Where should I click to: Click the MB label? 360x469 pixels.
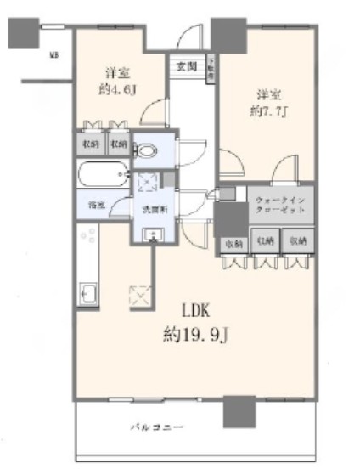(x=53, y=57)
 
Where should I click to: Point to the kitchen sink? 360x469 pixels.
(x=88, y=294)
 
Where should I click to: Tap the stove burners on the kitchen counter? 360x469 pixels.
(x=87, y=241)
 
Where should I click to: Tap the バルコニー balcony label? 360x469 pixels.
(x=156, y=426)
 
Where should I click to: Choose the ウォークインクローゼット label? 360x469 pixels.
(x=274, y=205)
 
